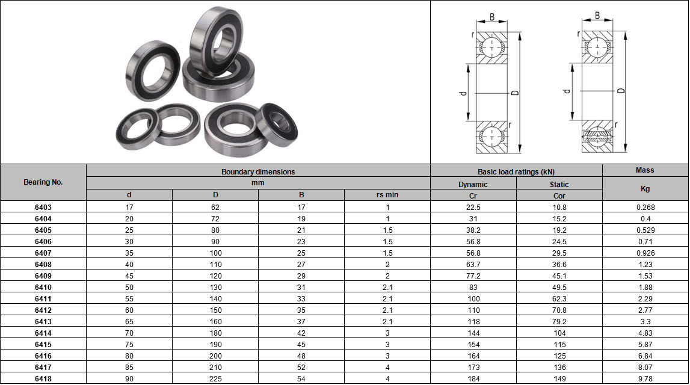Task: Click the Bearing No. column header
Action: (43, 182)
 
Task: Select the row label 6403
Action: (43, 208)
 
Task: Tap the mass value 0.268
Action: (645, 208)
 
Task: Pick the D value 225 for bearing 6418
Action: (215, 379)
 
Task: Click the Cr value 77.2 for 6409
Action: (473, 276)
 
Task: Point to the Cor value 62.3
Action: (559, 299)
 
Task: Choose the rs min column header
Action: (387, 195)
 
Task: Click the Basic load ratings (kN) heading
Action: (516, 171)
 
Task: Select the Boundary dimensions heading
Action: (258, 171)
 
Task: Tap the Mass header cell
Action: (645, 170)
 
